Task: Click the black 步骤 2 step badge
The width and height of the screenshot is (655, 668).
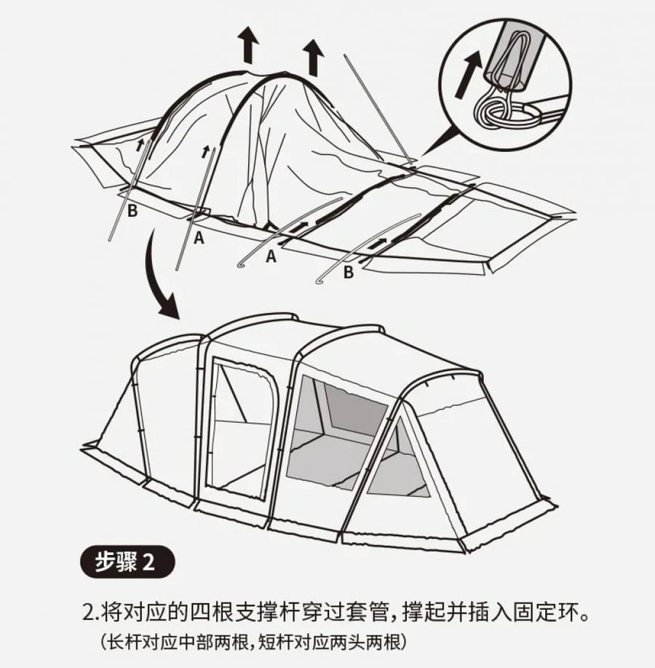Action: (127, 562)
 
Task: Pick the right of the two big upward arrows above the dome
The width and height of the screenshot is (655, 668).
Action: (313, 57)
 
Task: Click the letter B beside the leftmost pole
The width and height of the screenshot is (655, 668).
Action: (132, 210)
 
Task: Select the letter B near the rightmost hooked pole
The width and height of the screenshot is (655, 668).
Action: (348, 272)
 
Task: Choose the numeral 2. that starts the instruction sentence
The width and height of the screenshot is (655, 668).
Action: (90, 614)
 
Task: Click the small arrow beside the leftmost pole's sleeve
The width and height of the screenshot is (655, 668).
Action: (140, 146)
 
